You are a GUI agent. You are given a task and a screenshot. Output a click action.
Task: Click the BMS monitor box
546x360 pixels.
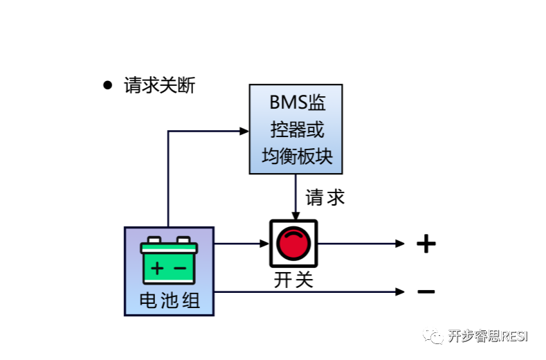click(295, 129)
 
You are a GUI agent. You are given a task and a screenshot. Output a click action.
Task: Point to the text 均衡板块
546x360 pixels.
click(297, 156)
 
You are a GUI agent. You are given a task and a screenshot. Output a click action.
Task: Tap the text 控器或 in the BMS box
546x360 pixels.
click(297, 130)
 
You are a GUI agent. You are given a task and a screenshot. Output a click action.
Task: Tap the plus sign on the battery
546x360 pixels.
click(158, 268)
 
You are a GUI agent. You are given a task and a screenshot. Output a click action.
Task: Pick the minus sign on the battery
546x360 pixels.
click(180, 268)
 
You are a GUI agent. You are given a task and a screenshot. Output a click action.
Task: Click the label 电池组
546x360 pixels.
click(170, 300)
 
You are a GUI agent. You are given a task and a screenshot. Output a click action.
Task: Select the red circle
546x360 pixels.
click(293, 244)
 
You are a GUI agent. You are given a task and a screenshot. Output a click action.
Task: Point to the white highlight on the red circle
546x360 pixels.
click(293, 237)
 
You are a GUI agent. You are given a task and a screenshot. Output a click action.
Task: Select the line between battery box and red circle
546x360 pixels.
click(237, 244)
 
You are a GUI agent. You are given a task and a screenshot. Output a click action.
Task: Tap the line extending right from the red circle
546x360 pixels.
click(356, 244)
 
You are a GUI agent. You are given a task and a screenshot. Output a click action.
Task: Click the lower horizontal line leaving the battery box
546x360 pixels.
click(304, 292)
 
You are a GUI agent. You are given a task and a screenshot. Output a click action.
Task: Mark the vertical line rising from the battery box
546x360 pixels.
click(168, 180)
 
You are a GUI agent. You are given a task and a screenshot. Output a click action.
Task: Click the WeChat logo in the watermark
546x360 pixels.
click(434, 335)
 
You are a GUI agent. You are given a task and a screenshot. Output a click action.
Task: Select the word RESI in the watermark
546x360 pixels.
click(513, 336)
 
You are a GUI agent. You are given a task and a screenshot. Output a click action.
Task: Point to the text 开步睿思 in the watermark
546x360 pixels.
click(473, 336)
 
